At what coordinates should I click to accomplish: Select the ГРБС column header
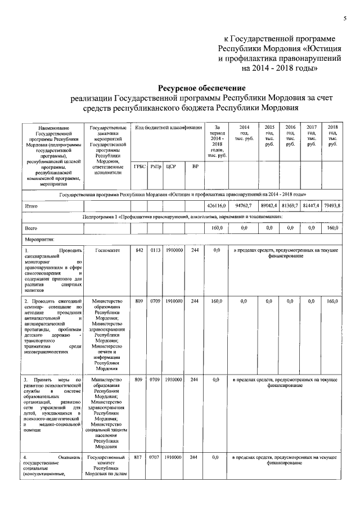point(139,166)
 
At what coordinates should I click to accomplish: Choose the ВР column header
point(195,166)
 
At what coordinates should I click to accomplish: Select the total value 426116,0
point(215,206)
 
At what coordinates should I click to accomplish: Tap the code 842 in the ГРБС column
point(139,250)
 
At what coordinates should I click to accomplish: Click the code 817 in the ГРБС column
point(139,458)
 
